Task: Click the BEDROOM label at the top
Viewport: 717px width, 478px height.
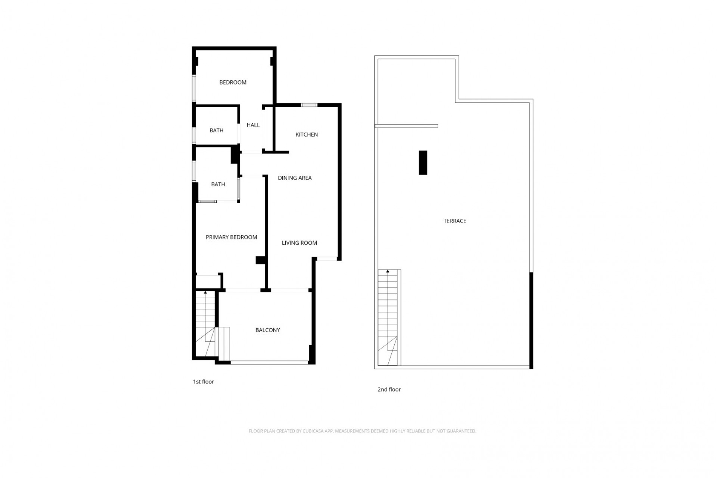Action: (x=233, y=82)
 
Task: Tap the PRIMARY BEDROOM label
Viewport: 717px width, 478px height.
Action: (x=232, y=237)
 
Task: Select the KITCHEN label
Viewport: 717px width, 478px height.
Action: (x=307, y=134)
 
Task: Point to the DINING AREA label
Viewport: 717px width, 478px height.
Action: (x=295, y=178)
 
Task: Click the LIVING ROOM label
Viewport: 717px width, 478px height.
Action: (x=299, y=243)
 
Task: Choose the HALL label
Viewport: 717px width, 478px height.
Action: (x=253, y=125)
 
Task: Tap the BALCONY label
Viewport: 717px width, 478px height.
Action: (x=268, y=330)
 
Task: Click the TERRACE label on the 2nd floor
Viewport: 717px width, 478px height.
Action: (x=455, y=221)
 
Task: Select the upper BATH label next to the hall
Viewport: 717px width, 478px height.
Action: (x=217, y=130)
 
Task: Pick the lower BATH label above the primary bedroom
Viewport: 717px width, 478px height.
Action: (x=218, y=184)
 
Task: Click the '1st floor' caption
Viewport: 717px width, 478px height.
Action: (x=204, y=382)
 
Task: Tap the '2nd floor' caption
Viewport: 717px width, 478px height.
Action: (x=389, y=389)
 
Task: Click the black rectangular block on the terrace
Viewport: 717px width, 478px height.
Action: (x=423, y=162)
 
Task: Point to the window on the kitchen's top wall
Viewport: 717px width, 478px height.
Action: (x=309, y=105)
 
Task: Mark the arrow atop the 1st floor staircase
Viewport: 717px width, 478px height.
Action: (x=205, y=293)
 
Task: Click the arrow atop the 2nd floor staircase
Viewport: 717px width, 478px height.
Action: (x=388, y=271)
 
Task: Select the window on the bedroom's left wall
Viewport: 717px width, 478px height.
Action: (x=194, y=88)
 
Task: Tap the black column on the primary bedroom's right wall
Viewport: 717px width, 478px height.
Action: (x=260, y=260)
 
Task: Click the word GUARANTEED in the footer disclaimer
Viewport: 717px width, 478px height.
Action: (x=461, y=431)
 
